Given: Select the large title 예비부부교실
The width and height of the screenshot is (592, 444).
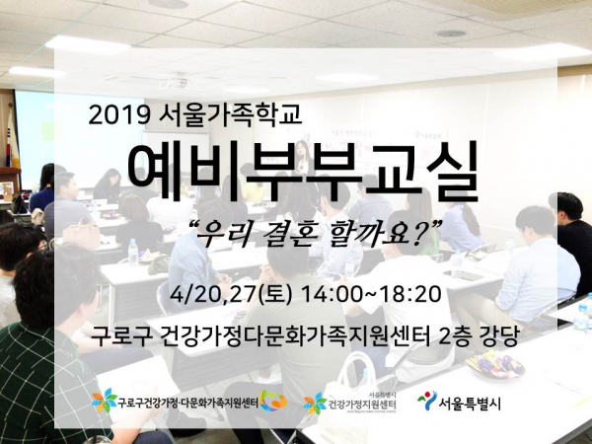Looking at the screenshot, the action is tap(303, 172).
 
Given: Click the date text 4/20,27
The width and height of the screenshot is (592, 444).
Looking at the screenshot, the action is tap(213, 295).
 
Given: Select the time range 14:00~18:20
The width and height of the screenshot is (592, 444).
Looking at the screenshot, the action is tap(370, 294).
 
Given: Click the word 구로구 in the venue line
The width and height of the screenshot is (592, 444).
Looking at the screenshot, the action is tap(120, 336).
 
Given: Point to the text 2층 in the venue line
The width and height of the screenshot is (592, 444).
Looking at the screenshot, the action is tap(455, 336).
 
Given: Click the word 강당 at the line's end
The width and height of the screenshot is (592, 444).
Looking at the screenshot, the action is tap(498, 336).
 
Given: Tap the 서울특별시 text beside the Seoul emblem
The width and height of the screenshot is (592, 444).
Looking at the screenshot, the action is tap(470, 404).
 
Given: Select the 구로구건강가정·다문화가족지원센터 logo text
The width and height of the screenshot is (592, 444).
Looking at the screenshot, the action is tap(187, 404).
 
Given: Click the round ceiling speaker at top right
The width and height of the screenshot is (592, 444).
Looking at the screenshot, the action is tap(450, 34).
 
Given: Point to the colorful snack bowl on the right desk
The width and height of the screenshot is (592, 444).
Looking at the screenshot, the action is tap(494, 363).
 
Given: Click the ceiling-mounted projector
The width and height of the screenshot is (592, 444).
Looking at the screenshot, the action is tap(178, 80).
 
